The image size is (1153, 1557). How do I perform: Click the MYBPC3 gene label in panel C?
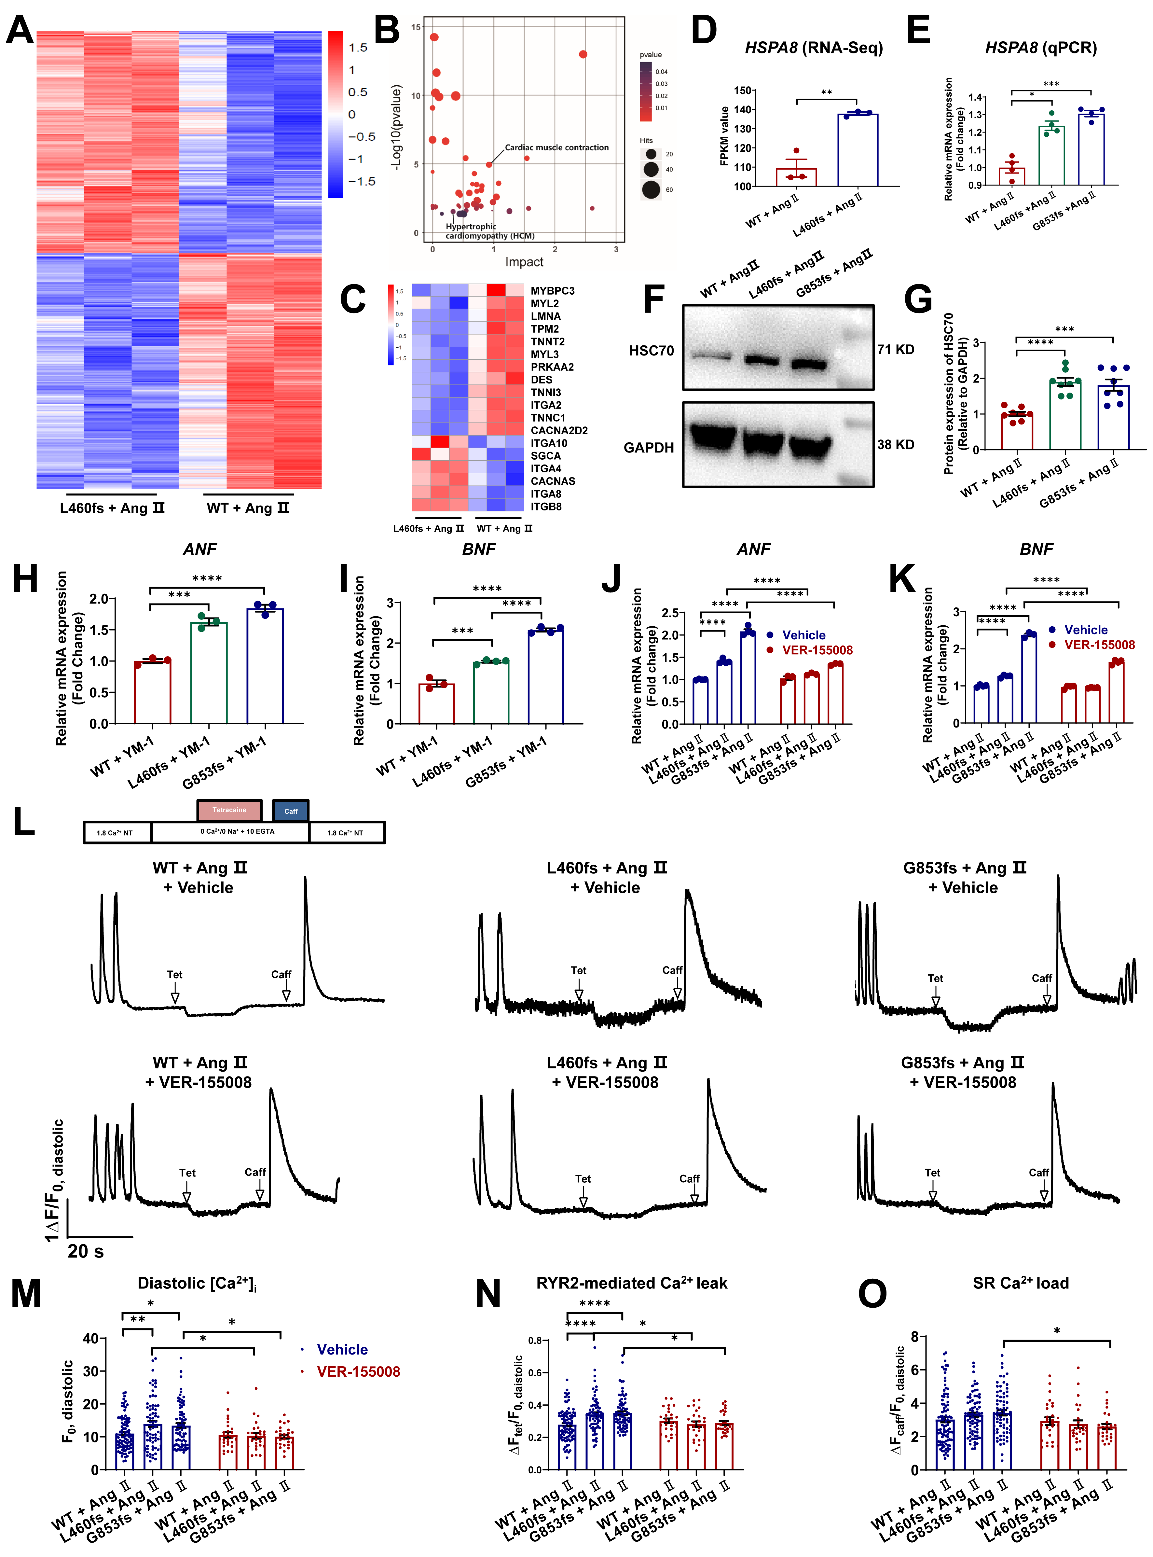pos(552,290)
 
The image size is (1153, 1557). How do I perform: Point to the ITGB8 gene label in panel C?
pos(546,506)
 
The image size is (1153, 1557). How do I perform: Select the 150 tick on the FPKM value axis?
pos(743,90)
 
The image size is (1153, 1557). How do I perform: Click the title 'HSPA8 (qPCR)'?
pos(1041,48)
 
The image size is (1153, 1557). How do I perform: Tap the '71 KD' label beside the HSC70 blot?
pos(896,349)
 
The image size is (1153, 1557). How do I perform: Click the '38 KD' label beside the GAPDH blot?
pos(896,445)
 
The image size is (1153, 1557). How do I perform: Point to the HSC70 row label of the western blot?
pos(651,351)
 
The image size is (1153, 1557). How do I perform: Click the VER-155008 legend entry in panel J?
pos(817,650)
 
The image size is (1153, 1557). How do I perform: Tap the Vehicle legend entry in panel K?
pos(1085,630)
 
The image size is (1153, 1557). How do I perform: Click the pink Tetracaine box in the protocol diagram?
pos(229,810)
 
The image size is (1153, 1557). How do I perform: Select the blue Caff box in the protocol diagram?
pos(290,811)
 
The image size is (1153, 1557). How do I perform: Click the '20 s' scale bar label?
pos(85,1251)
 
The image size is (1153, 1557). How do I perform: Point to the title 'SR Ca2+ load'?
pos(1021,1283)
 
